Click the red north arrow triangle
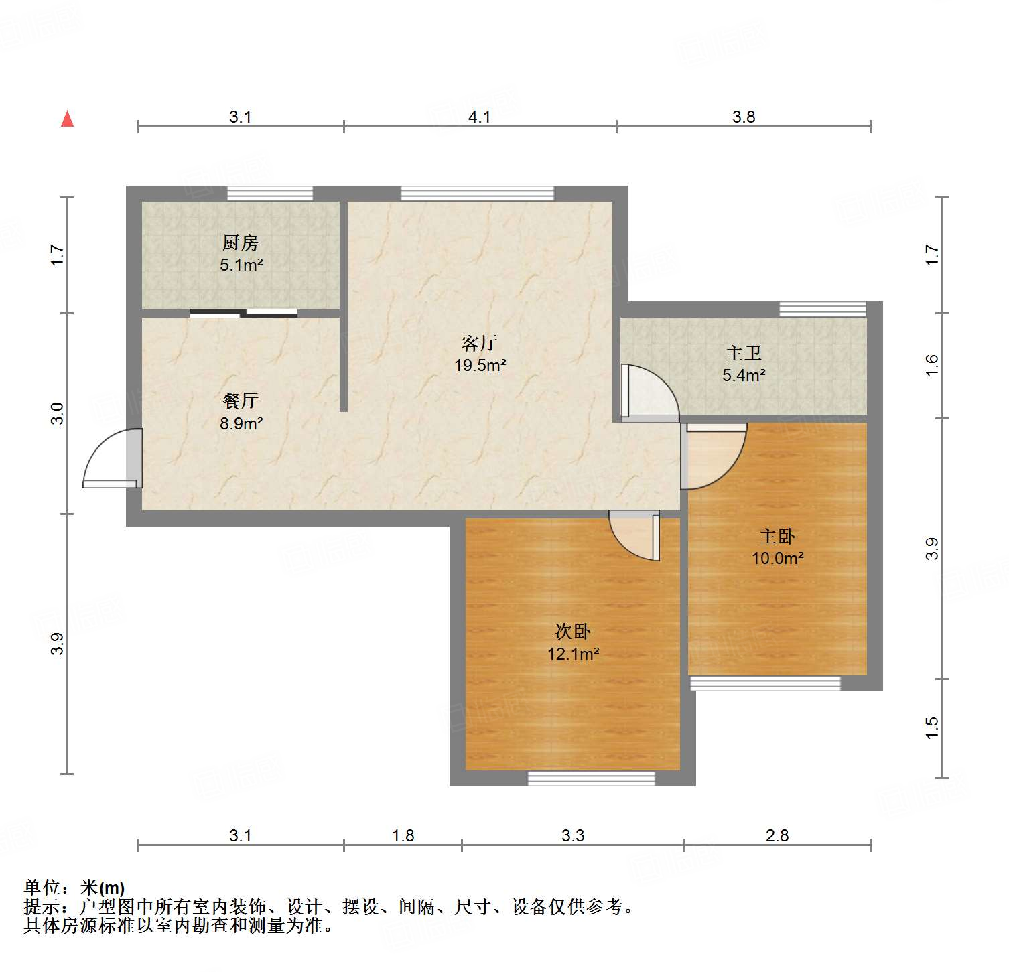click(67, 119)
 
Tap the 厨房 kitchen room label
click(241, 242)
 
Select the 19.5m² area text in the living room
click(480, 366)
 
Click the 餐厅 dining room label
click(241, 401)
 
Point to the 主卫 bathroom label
click(744, 353)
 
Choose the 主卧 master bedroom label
click(777, 536)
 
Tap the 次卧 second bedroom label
click(573, 632)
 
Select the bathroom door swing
click(649, 393)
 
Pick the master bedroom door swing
click(714, 456)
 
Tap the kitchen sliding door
click(244, 313)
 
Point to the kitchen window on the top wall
click(270, 193)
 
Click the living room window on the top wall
click(478, 193)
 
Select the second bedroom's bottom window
click(592, 778)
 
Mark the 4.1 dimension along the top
click(480, 117)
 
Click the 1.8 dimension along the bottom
click(403, 835)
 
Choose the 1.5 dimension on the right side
click(932, 728)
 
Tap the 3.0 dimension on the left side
click(58, 413)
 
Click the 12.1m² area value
click(573, 654)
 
